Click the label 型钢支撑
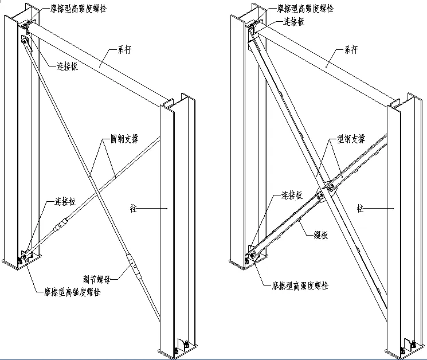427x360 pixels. (352, 140)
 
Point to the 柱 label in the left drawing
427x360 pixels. (134, 209)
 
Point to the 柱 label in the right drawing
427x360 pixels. (361, 208)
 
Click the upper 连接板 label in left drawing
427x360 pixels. (67, 66)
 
